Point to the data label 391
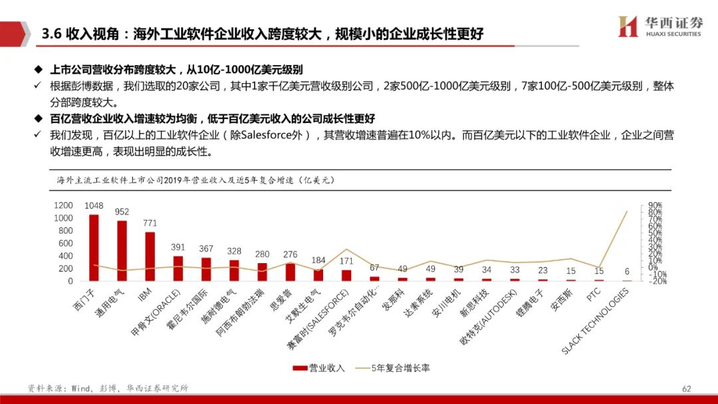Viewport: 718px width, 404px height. coord(178,247)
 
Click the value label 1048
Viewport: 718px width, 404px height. coord(94,205)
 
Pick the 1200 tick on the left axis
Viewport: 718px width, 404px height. coord(63,205)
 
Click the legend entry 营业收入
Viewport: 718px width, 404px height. coord(319,367)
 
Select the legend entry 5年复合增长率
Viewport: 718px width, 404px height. coord(392,367)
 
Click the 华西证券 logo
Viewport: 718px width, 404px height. coord(659,26)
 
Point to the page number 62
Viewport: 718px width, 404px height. coord(687,388)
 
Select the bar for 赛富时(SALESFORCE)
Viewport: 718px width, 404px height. coord(346,275)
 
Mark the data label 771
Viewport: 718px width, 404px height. coord(150,223)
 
